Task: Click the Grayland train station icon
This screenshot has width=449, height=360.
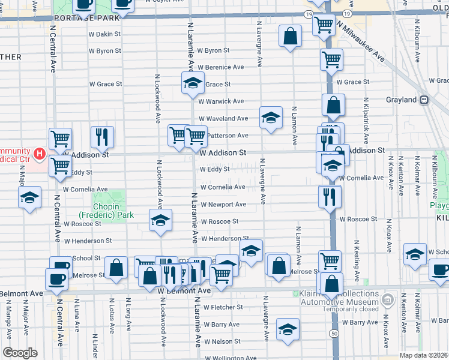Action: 424,100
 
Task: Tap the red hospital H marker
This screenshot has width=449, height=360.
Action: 40,154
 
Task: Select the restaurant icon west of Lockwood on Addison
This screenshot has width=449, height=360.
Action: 102,137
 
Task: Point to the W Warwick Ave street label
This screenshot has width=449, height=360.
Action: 221,101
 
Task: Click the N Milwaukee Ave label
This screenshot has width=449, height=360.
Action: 361,42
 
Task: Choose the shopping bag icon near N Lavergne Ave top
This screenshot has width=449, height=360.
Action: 290,36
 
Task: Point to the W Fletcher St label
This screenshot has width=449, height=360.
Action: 222,307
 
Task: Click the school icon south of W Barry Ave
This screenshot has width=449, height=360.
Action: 288,329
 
